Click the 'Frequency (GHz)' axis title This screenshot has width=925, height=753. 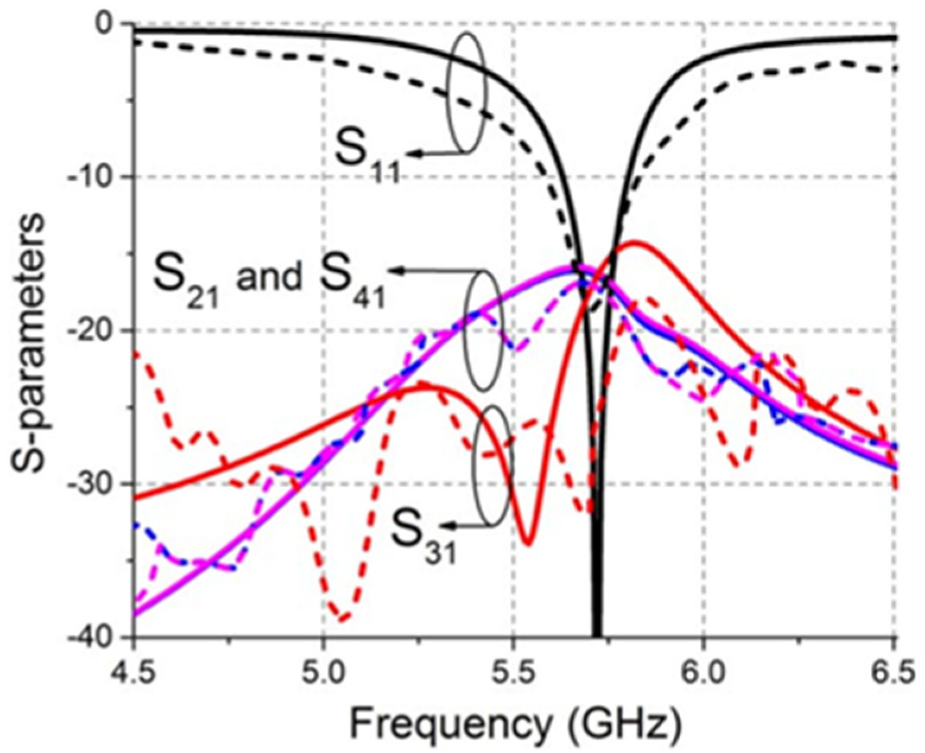[x=514, y=722]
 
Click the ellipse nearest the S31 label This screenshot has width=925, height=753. [x=492, y=466]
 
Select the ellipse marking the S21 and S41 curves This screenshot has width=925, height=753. [x=484, y=330]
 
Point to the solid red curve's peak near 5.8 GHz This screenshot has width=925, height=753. [x=635, y=241]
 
